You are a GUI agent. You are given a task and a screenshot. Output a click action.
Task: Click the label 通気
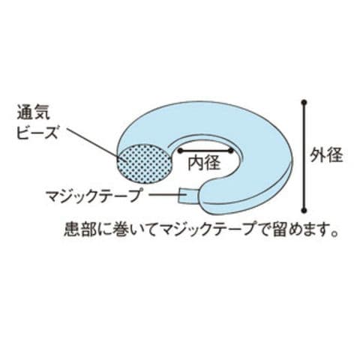pyautogui.click(x=34, y=113)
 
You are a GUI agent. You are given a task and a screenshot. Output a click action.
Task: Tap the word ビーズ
pyautogui.click(x=37, y=132)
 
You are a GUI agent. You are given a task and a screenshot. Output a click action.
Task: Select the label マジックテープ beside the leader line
pyautogui.click(x=92, y=196)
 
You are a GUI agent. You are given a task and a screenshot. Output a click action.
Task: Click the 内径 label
pyautogui.click(x=204, y=163)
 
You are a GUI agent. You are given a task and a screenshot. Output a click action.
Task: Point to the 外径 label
pyautogui.click(x=326, y=155)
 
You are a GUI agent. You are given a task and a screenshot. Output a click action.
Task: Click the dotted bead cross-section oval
pyautogui.click(x=145, y=163)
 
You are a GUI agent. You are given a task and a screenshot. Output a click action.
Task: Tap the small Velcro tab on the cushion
pyautogui.click(x=189, y=196)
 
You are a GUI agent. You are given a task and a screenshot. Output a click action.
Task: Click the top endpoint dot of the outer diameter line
pyautogui.click(x=304, y=102)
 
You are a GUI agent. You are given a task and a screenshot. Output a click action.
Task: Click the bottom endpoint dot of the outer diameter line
pyautogui.click(x=304, y=210)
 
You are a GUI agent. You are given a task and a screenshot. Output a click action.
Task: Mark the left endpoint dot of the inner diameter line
pyautogui.click(x=179, y=151)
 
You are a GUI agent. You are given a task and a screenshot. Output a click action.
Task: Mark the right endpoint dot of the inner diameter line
pyautogui.click(x=231, y=151)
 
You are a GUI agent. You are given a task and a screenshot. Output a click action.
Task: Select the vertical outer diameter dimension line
pyautogui.click(x=304, y=156)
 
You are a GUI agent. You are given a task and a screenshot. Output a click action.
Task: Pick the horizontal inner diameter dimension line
pyautogui.click(x=205, y=151)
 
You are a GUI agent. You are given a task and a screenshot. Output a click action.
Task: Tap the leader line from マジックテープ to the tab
pyautogui.click(x=163, y=195)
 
